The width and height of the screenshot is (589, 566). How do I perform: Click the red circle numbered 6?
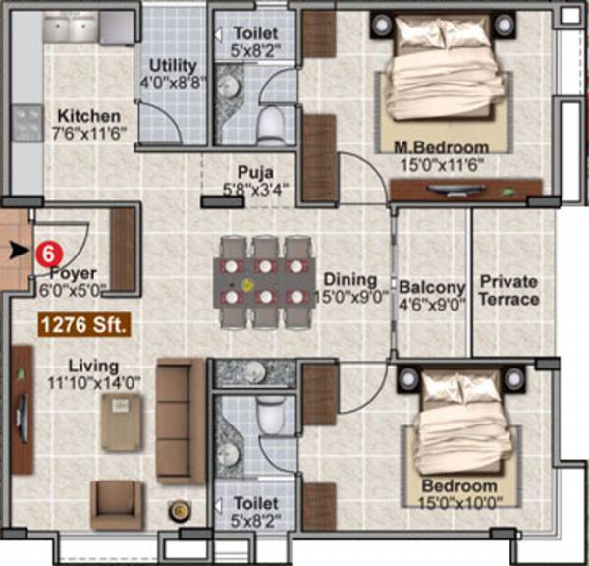pos(45,252)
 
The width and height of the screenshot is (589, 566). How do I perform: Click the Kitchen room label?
pos(88,115)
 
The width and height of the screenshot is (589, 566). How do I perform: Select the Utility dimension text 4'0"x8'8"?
pos(173,83)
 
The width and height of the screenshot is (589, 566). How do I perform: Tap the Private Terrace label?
pos(509,291)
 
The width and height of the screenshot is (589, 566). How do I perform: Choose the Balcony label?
pos(432,287)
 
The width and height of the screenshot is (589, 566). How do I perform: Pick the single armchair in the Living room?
pos(117,504)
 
